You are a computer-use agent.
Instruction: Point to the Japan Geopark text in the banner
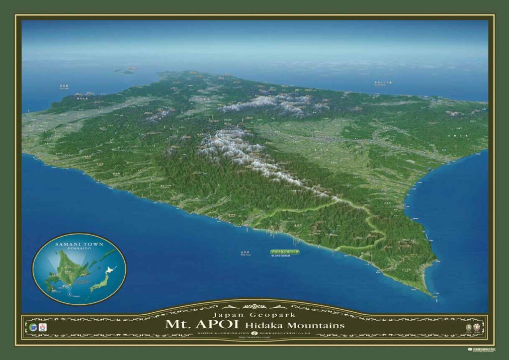(254, 315)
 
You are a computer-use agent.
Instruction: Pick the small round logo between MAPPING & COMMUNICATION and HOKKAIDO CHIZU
(254, 333)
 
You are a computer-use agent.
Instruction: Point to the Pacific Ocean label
(244, 253)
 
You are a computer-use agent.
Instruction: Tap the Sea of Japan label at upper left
(64, 86)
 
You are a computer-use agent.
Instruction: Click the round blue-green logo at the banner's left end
(33, 327)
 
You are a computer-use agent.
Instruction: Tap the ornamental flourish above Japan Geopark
(254, 305)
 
